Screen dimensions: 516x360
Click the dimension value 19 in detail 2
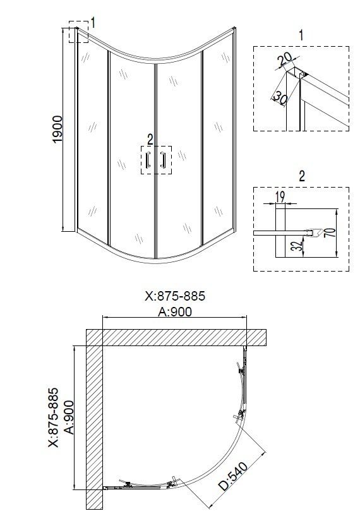(280, 197)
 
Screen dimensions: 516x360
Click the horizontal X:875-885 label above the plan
(175, 296)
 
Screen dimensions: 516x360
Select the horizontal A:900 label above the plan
(175, 311)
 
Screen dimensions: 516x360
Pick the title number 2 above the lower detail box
(301, 176)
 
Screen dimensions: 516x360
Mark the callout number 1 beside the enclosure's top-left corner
(92, 23)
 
